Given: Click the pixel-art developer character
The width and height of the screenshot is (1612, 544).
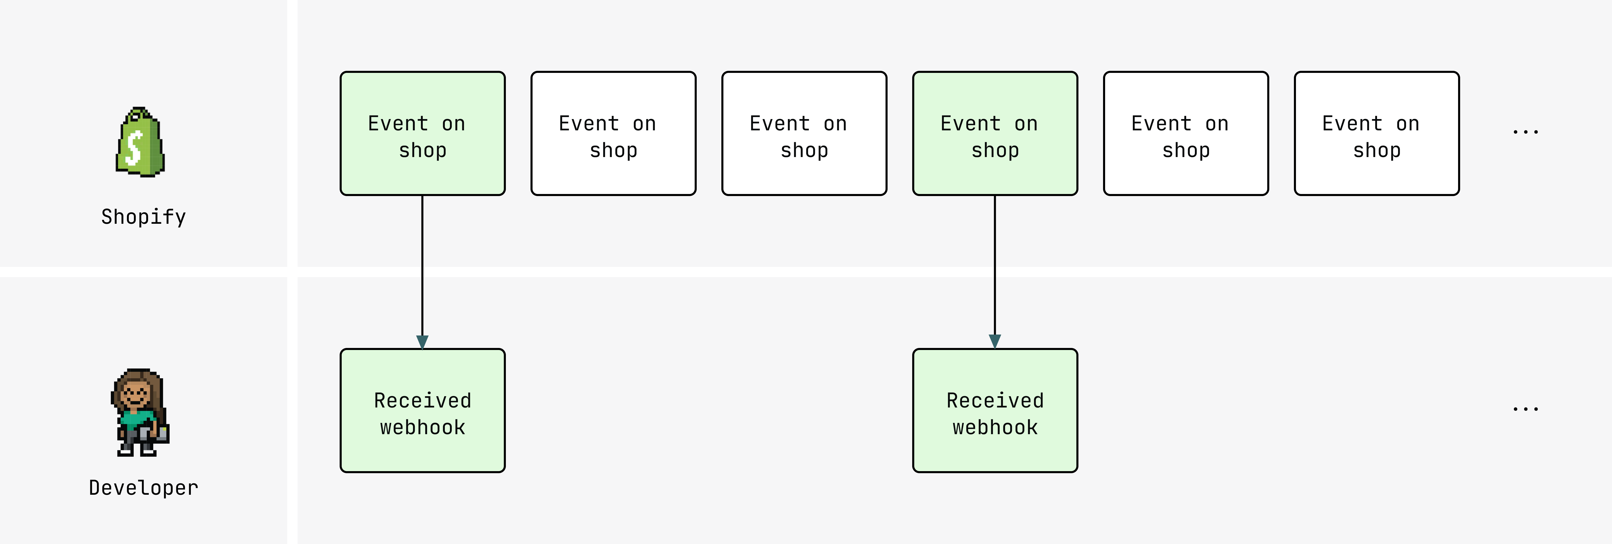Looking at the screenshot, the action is pos(140,413).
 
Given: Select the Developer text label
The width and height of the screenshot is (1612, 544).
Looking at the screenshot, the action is pos(143,488).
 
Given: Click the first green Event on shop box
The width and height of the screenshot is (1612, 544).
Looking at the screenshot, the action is pos(422,133).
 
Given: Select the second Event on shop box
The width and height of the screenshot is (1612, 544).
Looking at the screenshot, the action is pos(613,133).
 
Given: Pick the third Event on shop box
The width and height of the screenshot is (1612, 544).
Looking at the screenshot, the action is pos(804,133).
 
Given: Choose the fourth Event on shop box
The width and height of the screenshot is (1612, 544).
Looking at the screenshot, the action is pos(995,133).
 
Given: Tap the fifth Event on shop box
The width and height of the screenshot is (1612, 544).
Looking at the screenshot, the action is pos(1186,133).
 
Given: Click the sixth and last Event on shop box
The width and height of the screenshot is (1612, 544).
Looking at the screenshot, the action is pos(1377,133).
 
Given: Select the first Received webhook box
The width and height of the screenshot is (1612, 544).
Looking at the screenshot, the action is pos(422,411).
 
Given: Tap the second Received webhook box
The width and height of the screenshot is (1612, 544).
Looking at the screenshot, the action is pos(995,411).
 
